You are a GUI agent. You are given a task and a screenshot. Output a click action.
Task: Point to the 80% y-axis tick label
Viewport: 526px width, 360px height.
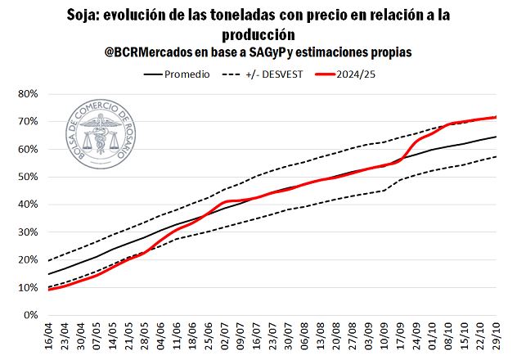coord(28,94)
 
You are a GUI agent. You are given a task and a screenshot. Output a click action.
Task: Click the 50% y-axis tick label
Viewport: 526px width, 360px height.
coord(28,177)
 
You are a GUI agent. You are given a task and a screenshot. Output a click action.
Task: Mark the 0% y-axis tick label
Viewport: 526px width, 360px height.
coord(31,315)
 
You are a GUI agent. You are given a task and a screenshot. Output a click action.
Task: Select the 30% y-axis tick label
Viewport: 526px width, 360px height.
coord(28,232)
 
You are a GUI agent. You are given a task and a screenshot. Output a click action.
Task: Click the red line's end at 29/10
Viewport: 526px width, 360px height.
coord(496,117)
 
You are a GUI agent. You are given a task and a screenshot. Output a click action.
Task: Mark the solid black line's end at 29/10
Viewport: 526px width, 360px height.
coord(496,137)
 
